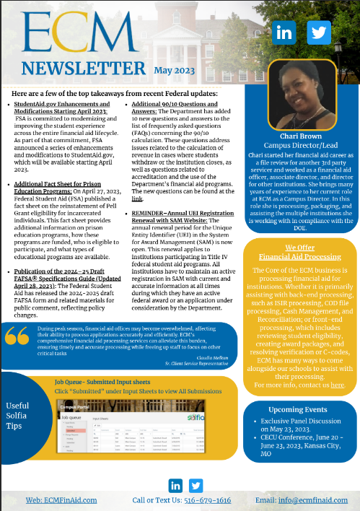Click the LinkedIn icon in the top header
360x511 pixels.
tap(284, 32)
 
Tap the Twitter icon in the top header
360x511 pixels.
tap(317, 32)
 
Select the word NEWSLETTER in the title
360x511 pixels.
tap(84, 69)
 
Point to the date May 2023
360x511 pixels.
tap(174, 70)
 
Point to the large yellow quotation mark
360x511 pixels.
tap(18, 336)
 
